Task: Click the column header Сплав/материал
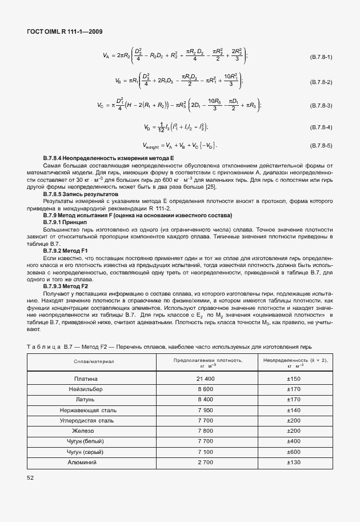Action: coord(94,361)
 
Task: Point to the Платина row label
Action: coord(86,378)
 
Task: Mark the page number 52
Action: coord(31,477)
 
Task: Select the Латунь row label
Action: coord(86,399)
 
